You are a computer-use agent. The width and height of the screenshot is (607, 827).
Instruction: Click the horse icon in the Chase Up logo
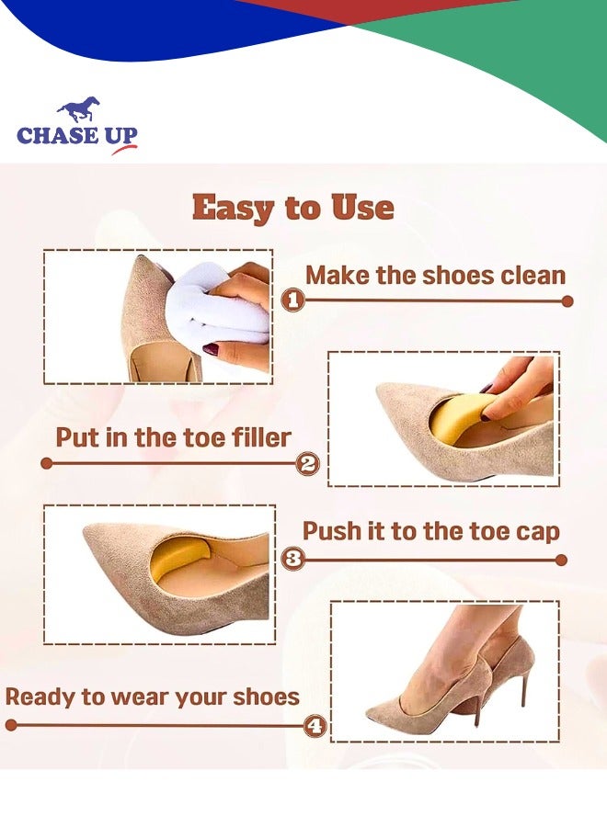[x=79, y=111]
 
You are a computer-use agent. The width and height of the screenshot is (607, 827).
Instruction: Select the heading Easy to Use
[x=293, y=208]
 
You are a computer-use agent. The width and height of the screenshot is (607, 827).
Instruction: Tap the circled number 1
[x=292, y=300]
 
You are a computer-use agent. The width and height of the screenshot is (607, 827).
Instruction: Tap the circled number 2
[x=308, y=464]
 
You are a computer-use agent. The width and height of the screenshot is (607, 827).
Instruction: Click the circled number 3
[x=292, y=559]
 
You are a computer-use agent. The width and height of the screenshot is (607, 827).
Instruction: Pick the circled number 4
[x=315, y=726]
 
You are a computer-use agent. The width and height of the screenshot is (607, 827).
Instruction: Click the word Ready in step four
[x=42, y=697]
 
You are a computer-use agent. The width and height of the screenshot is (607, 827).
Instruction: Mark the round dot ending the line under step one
[x=567, y=300]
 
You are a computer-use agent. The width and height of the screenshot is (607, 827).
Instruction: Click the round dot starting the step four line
[x=11, y=725]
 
